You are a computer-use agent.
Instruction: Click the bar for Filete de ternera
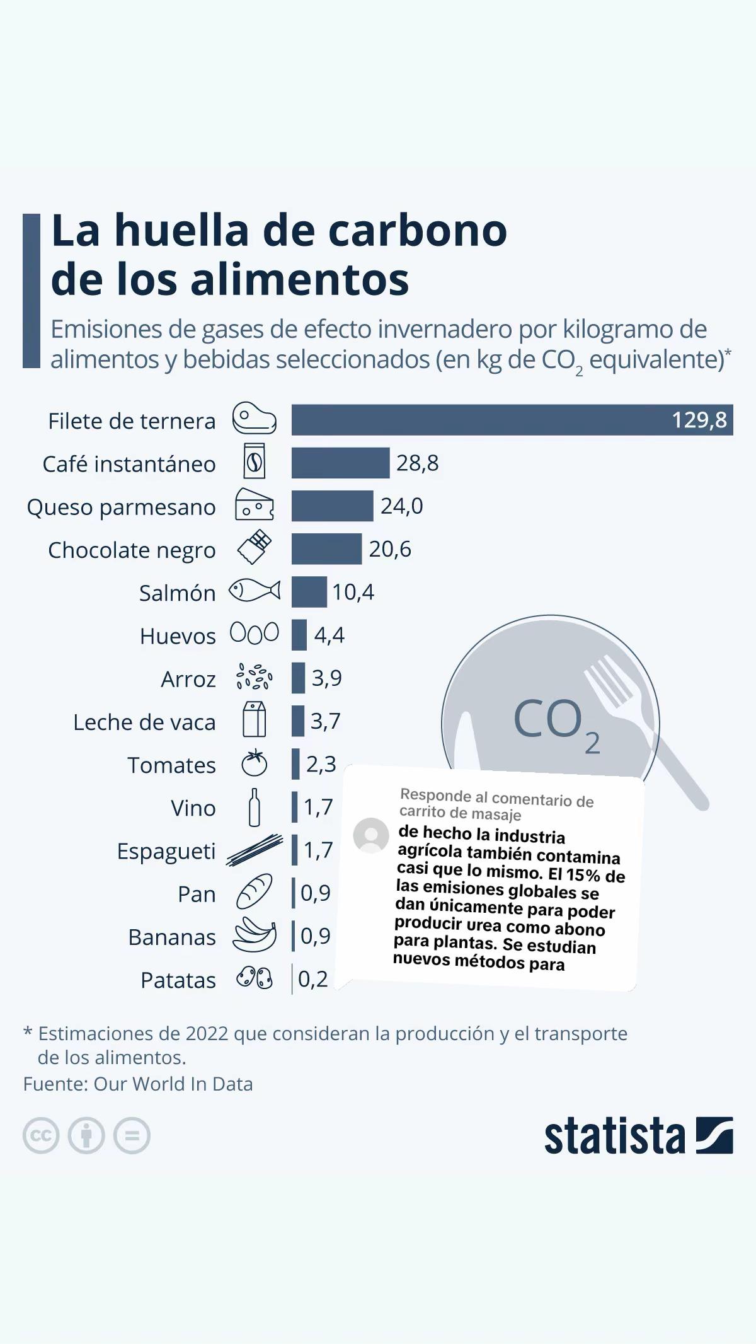512,420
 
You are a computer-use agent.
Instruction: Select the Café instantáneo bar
341,463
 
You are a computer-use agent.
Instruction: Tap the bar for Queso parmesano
333,506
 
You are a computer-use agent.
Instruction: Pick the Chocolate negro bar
327,549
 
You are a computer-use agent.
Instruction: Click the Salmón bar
309,592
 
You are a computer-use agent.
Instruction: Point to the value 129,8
699,420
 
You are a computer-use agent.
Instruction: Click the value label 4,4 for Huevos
329,635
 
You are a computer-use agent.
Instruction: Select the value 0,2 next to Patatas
313,979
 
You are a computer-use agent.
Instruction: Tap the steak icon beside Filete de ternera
255,418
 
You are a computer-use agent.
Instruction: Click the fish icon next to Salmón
255,591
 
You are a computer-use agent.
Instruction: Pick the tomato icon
255,763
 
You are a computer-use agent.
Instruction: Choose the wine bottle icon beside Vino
255,807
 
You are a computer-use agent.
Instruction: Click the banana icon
255,934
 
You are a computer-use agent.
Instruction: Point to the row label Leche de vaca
144,722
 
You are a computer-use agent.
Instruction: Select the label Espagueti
166,852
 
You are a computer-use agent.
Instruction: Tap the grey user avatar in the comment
371,836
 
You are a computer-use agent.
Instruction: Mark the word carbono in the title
418,231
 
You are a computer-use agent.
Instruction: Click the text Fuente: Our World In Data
138,1084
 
